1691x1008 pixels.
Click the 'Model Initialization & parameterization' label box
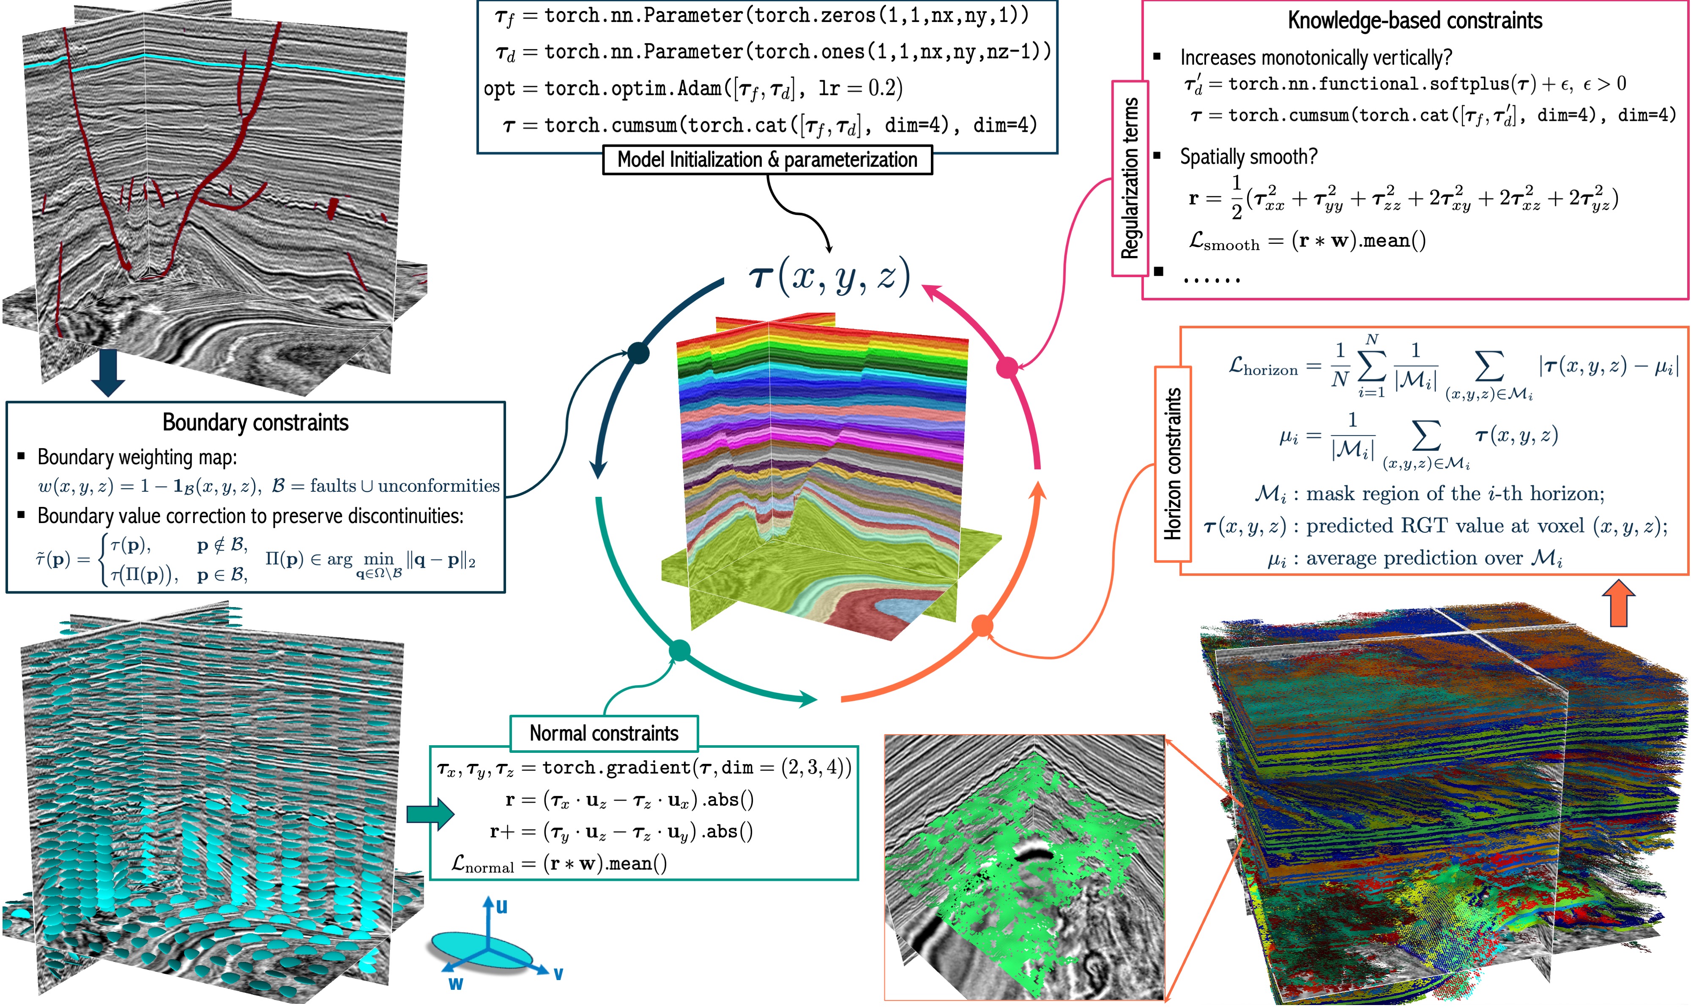pos(767,160)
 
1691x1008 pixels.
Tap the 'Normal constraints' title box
pos(604,733)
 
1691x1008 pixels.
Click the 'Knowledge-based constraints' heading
pos(1415,21)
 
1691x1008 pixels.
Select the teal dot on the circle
pos(680,650)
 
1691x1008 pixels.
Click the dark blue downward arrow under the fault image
pos(108,372)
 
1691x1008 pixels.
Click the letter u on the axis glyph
pos(501,907)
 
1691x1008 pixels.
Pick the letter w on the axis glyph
pos(455,983)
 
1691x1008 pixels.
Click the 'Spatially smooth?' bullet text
pos(1248,157)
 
